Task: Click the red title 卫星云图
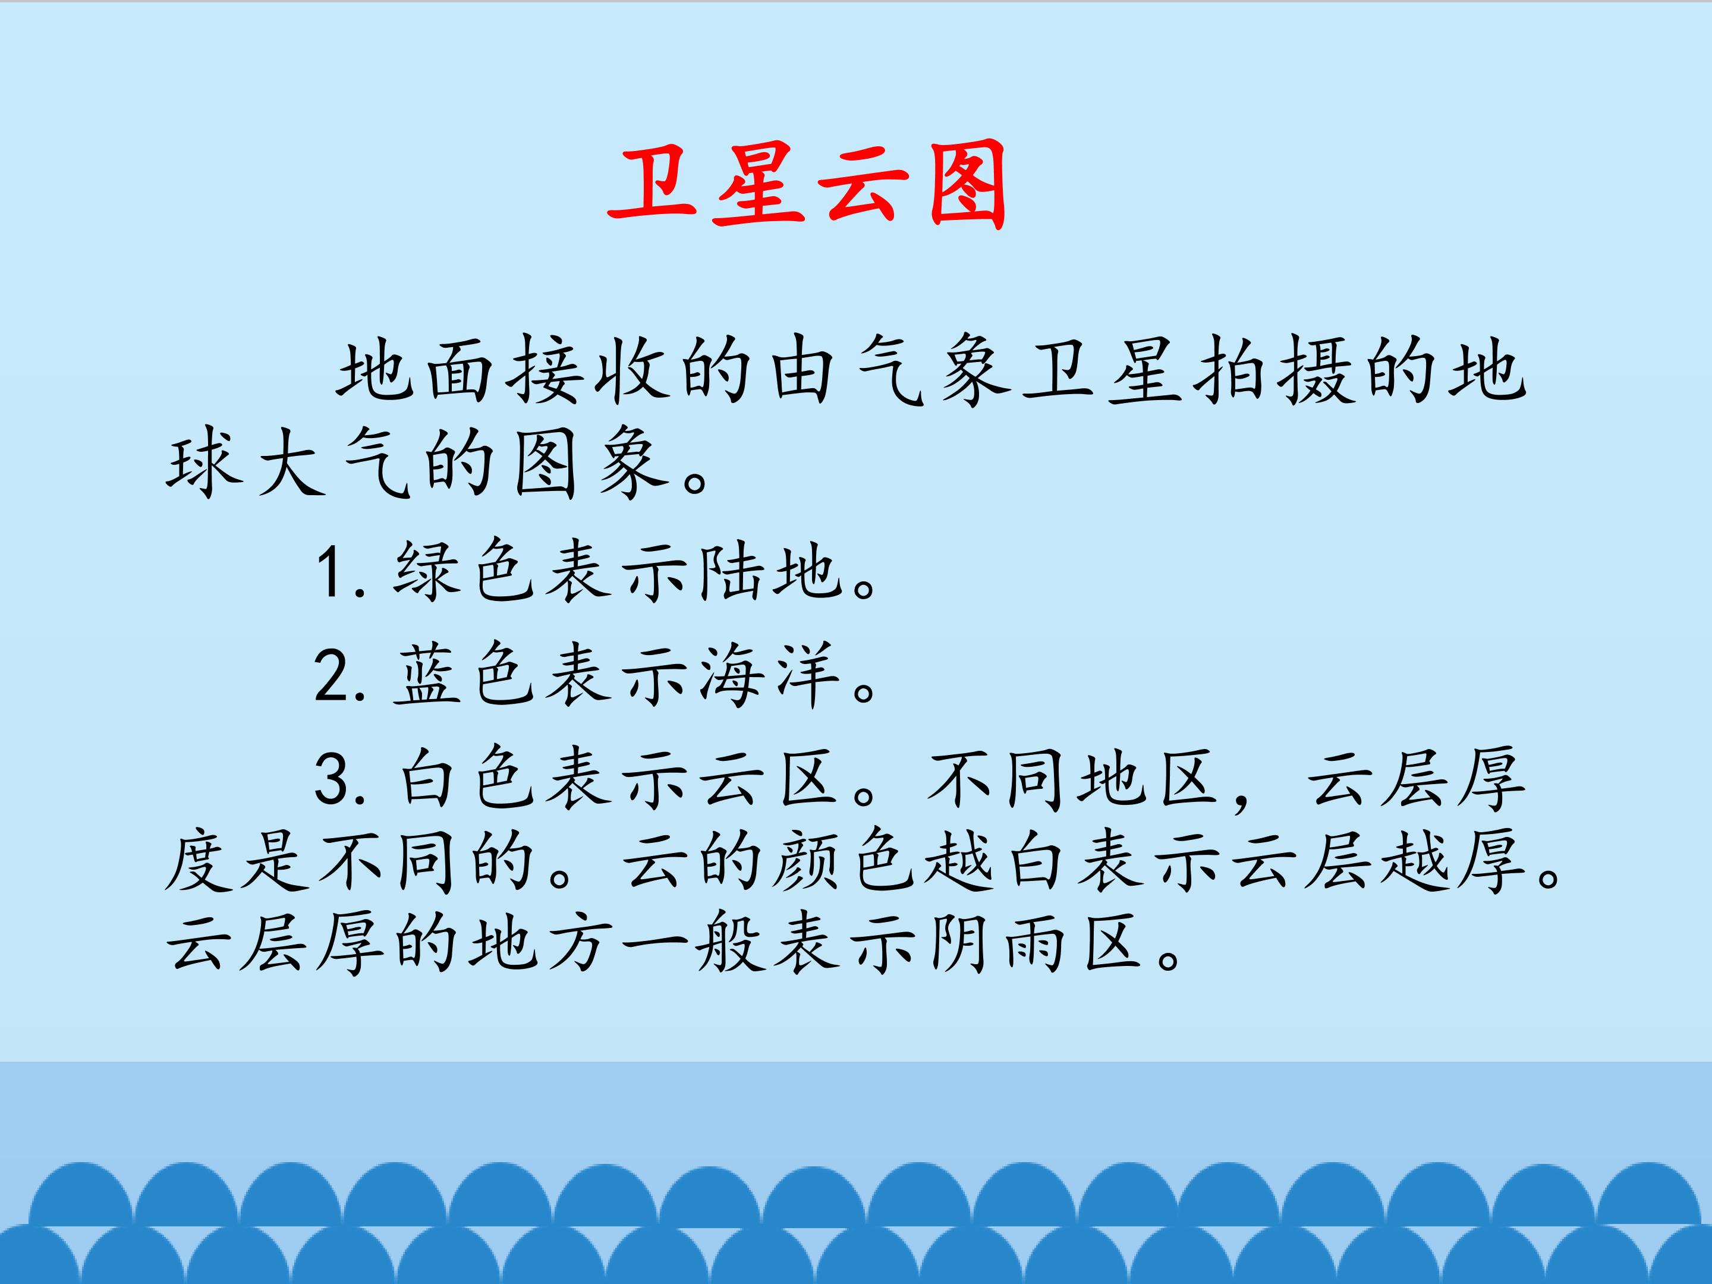click(x=807, y=185)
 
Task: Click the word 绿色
click(x=464, y=572)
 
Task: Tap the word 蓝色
click(x=464, y=676)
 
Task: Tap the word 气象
click(x=933, y=371)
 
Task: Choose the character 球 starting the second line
click(x=203, y=464)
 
